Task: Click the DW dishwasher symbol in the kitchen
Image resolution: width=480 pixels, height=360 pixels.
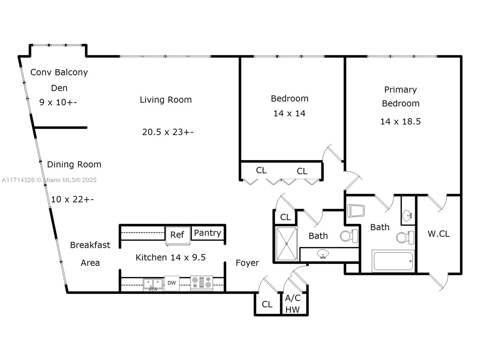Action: point(172,283)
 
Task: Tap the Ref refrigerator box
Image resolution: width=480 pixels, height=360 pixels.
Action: point(178,236)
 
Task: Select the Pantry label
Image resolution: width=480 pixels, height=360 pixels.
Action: point(208,233)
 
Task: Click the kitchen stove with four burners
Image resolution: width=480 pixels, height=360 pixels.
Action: point(201,283)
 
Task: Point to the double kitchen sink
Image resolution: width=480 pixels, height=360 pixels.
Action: point(153,284)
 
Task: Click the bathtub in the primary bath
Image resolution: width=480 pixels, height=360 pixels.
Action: point(393,261)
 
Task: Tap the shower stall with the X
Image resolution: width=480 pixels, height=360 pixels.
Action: point(286,244)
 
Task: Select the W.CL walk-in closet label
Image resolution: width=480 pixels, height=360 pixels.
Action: point(439,234)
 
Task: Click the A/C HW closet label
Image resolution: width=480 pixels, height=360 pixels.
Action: point(292,304)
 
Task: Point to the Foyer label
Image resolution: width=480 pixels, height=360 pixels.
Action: point(247,263)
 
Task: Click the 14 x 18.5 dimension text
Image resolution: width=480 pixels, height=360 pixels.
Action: point(400,121)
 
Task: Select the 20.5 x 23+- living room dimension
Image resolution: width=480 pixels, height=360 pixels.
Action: point(168,132)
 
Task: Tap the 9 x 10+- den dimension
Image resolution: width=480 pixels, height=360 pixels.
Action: point(58,102)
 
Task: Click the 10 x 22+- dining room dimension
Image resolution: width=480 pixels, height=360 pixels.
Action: point(72,199)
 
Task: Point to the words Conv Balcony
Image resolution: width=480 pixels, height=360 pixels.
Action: point(59,72)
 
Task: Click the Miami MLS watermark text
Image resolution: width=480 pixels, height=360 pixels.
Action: point(49,180)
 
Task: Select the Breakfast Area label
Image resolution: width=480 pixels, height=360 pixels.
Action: point(90,254)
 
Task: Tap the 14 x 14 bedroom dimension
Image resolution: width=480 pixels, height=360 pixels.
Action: point(289,113)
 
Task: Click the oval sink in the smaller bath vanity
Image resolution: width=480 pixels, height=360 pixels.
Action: point(323,254)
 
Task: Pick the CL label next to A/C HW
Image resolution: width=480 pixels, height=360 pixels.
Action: point(267,304)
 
